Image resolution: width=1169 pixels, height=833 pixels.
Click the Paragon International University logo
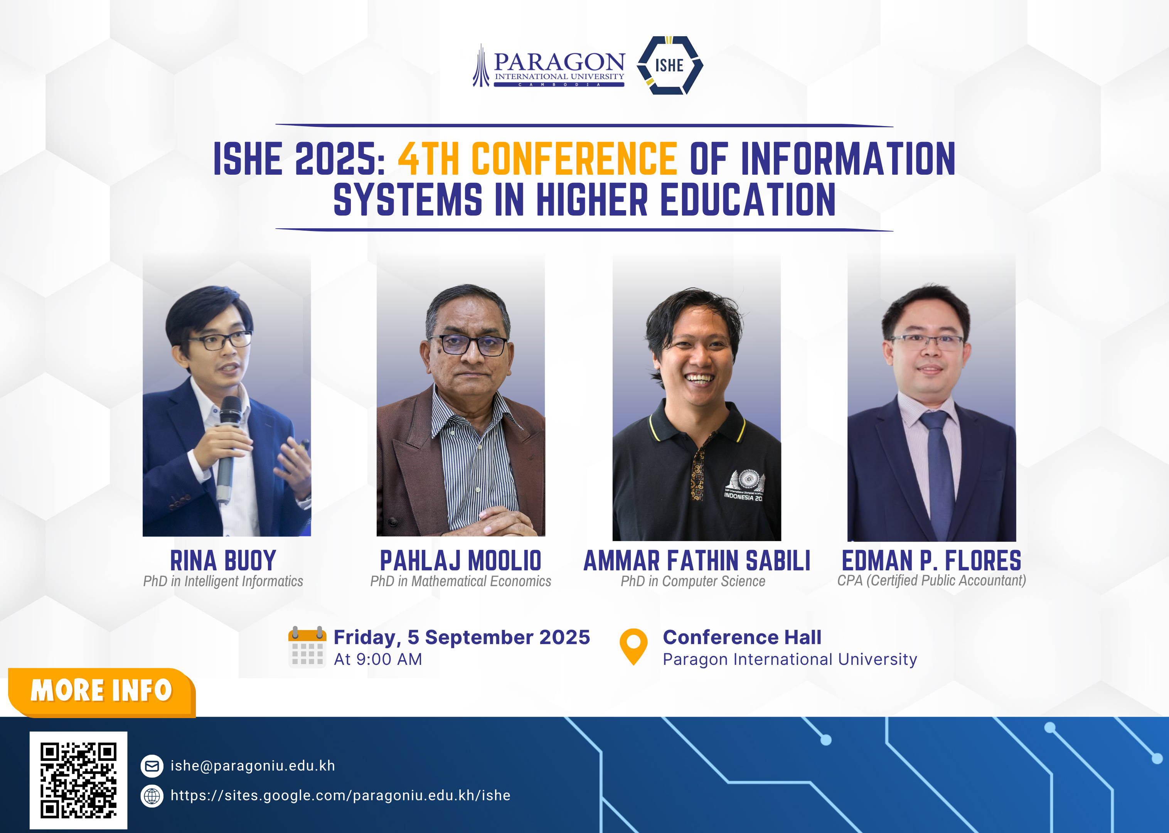pos(549,66)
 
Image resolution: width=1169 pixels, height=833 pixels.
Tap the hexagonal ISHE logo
pos(670,65)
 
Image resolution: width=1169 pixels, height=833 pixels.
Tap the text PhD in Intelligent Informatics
pos(223,581)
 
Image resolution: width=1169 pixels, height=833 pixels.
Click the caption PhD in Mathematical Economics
pos(460,581)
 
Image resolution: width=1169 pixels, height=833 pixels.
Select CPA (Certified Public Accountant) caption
pos(931,580)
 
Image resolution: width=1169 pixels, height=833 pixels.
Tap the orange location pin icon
pos(634,647)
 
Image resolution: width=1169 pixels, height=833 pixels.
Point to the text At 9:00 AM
pos(378,659)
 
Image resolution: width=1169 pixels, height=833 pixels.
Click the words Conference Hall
pos(742,637)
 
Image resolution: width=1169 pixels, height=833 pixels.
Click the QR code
pos(78,780)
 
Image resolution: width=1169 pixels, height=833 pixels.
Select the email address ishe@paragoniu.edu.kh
pos(253,766)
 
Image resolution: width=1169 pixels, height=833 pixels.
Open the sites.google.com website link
pos(340,796)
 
